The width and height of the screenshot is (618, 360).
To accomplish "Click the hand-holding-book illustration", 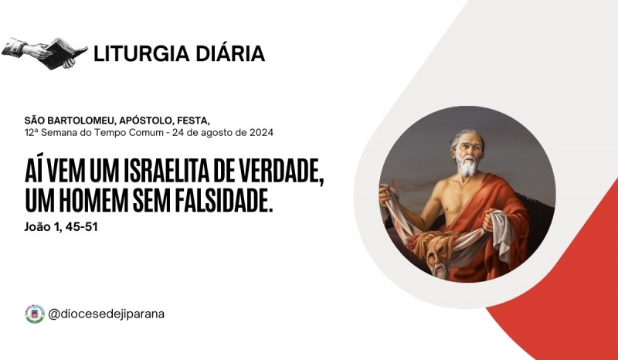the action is tap(45, 53).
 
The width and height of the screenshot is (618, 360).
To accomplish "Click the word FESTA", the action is tap(194, 121).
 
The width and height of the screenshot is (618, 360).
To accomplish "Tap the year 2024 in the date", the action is tap(261, 132).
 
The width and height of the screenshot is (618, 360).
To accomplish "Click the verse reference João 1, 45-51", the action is tap(61, 226).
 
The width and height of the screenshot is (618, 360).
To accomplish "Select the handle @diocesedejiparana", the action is tap(106, 314).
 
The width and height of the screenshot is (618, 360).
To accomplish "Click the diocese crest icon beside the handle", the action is tap(35, 314).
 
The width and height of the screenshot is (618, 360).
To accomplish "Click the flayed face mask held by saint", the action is tap(437, 256).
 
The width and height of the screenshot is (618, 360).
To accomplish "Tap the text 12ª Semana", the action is tap(50, 132).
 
